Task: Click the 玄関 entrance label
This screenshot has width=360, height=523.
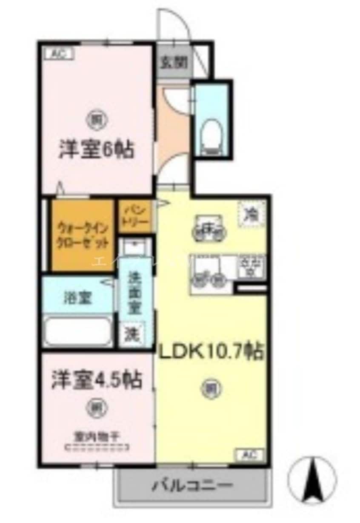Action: pos(174,63)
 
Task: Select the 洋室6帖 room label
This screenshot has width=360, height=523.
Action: pos(96,149)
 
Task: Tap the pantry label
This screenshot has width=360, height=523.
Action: pos(134,216)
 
